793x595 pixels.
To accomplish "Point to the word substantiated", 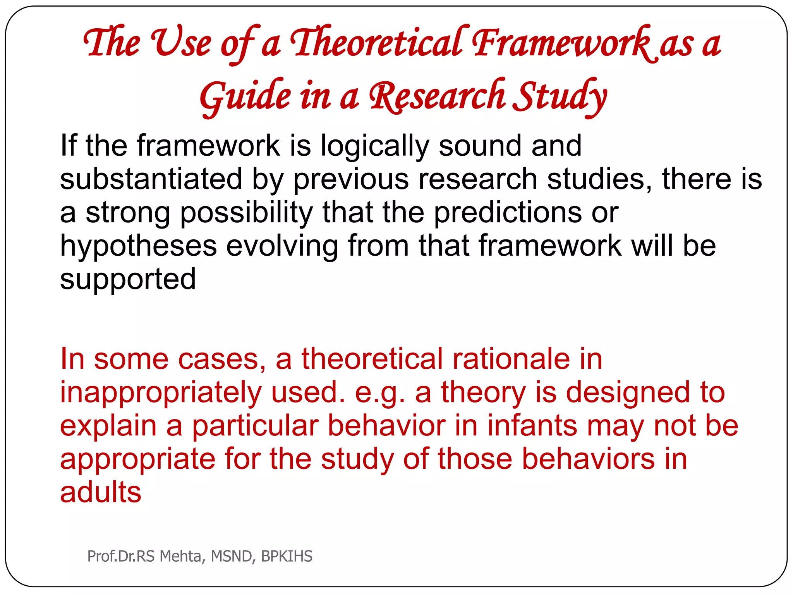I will click(151, 179).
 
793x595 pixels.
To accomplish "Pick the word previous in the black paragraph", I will click(351, 179).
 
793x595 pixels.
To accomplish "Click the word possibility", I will click(246, 213).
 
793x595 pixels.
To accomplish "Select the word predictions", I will click(507, 213).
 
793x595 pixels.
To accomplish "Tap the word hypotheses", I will click(138, 246).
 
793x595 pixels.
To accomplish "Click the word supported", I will click(128, 279).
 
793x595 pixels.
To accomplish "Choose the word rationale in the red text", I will click(511, 359).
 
